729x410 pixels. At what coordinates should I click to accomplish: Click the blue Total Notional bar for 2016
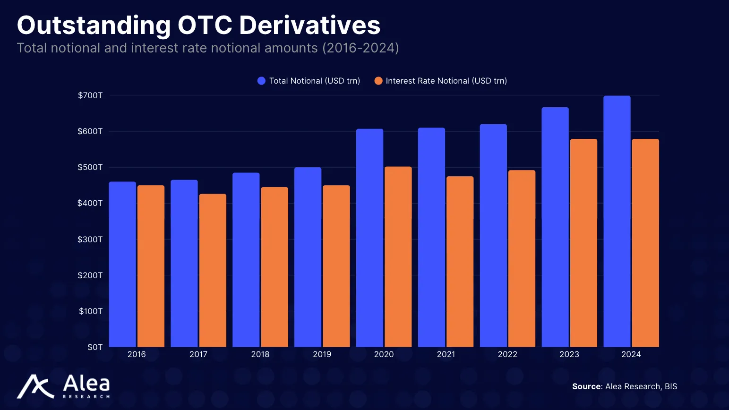click(x=122, y=265)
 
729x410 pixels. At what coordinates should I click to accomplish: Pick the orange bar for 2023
click(x=583, y=243)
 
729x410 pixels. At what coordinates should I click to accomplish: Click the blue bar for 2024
click(x=617, y=222)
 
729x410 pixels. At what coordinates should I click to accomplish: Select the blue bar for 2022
click(x=493, y=236)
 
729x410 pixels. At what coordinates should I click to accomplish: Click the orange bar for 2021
click(x=460, y=262)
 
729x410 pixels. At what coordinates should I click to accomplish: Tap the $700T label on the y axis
click(x=90, y=95)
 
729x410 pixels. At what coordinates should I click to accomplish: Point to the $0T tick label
click(x=95, y=347)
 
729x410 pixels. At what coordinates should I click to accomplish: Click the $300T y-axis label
click(x=90, y=239)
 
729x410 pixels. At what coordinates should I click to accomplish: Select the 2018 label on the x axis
click(x=260, y=354)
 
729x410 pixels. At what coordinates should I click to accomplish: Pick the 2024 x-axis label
click(x=631, y=354)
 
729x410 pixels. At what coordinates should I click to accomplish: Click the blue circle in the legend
click(x=261, y=81)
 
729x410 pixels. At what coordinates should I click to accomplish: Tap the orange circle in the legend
click(x=378, y=81)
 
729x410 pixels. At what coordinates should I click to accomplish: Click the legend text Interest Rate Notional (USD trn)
click(x=446, y=81)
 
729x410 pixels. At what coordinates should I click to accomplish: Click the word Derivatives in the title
click(x=309, y=26)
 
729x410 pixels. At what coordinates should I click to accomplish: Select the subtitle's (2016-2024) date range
click(x=360, y=48)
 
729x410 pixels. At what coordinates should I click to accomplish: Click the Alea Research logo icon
click(x=35, y=386)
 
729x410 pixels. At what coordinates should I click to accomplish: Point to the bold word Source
click(x=586, y=386)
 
